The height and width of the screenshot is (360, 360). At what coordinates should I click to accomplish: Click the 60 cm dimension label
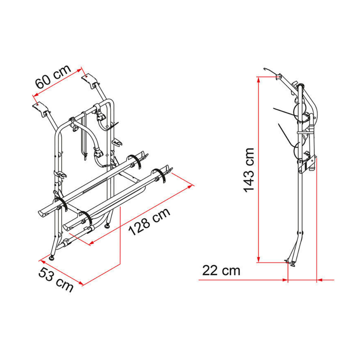tap(53, 77)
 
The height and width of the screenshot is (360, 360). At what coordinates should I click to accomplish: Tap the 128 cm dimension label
tap(149, 221)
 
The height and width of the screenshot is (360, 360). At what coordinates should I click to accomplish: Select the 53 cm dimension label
tap(56, 280)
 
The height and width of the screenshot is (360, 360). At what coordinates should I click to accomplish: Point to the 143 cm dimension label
tap(249, 170)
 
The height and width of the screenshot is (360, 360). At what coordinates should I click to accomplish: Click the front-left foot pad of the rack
tap(52, 258)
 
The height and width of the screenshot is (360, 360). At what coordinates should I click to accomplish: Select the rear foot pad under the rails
tap(107, 226)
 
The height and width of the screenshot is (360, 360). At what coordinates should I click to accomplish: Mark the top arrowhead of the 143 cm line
tap(259, 80)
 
